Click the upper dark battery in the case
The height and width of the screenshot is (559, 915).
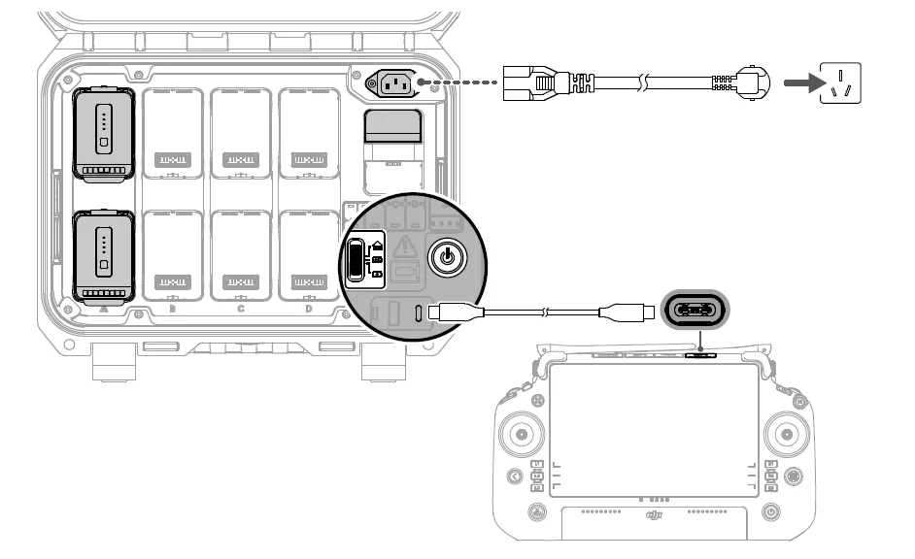[104, 135]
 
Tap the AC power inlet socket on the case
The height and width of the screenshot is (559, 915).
[390, 83]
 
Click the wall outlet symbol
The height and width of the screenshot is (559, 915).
[841, 83]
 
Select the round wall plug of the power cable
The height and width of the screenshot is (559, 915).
[751, 83]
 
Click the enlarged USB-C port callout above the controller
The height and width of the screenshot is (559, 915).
[698, 311]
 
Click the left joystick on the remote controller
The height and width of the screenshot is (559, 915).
[523, 434]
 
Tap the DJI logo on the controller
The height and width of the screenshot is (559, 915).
[658, 517]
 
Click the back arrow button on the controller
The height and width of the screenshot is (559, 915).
[514, 477]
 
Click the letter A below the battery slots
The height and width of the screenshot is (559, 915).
[104, 310]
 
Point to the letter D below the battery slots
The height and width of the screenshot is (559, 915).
[309, 310]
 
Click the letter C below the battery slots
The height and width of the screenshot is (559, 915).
[240, 310]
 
